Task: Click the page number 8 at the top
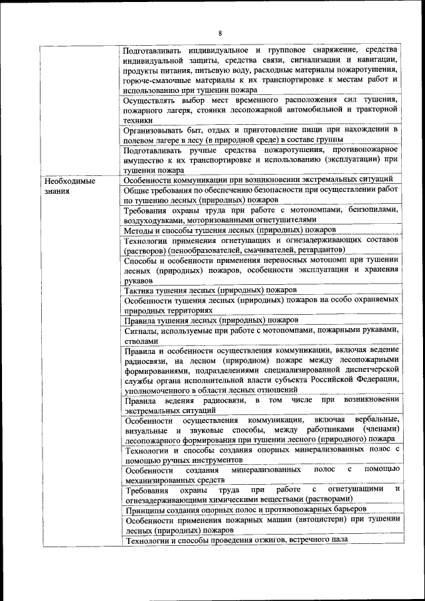tap(220, 34)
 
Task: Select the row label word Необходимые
tap(69, 181)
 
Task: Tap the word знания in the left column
tap(56, 191)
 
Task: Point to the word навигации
tap(378, 60)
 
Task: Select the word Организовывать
tap(158, 130)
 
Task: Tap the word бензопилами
tap(369, 210)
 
